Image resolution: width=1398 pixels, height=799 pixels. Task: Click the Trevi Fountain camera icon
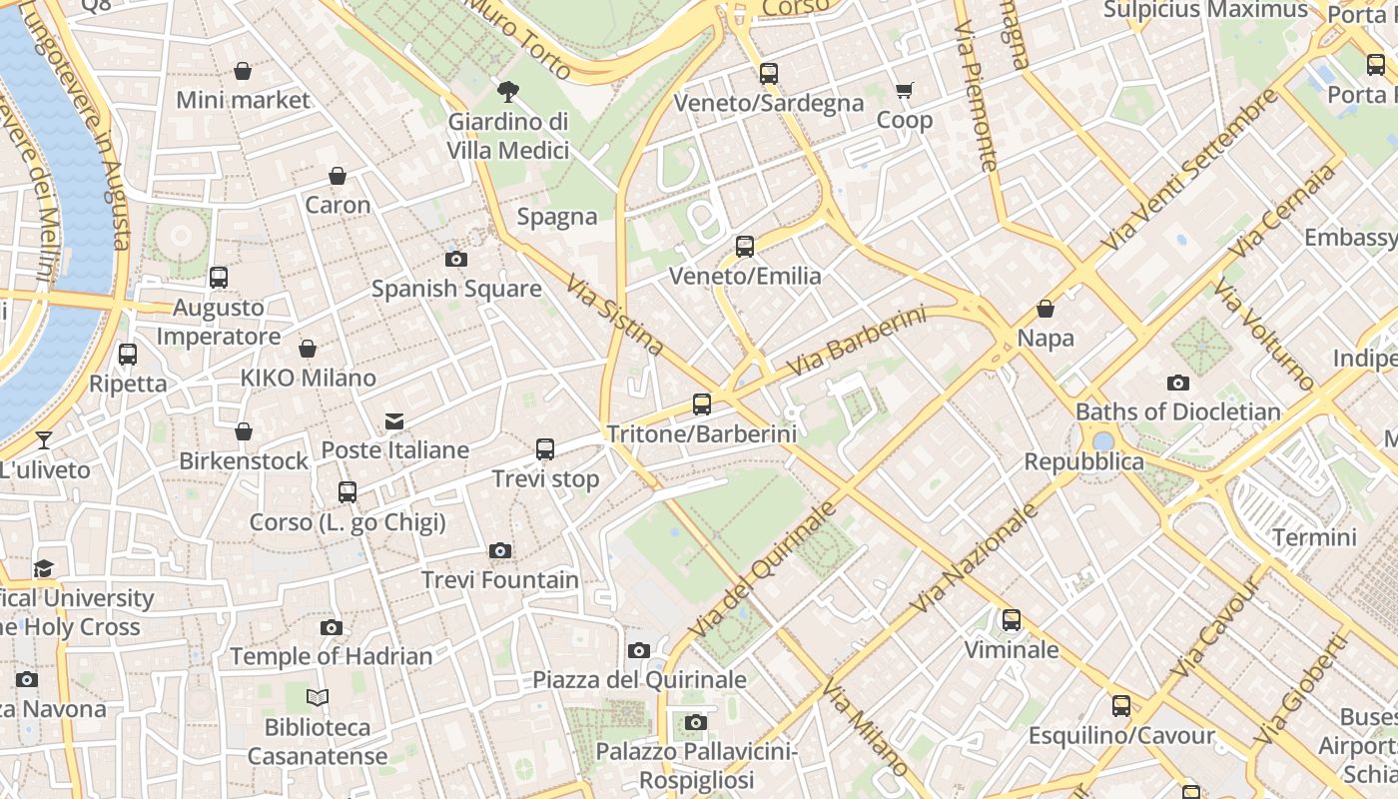point(500,550)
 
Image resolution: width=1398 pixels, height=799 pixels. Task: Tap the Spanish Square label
point(456,289)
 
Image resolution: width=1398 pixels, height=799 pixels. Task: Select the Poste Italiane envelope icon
point(394,420)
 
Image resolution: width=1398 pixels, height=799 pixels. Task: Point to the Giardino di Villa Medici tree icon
point(508,93)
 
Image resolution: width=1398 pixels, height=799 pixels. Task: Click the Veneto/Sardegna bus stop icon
point(768,73)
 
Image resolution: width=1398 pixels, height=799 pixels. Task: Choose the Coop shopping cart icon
point(905,91)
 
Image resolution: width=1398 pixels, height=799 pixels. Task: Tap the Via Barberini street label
point(856,343)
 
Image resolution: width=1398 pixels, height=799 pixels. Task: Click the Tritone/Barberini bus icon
point(702,404)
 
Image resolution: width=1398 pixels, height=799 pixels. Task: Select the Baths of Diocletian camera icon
point(1178,383)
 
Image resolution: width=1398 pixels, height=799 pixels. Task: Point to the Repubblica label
point(1083,461)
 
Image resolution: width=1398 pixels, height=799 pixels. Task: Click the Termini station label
point(1314,537)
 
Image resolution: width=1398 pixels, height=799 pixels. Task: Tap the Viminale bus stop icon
point(1012,620)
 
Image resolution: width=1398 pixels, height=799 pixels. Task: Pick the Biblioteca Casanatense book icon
point(318,697)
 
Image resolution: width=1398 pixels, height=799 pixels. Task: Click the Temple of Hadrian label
point(332,656)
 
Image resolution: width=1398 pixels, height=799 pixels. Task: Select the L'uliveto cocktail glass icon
point(43,440)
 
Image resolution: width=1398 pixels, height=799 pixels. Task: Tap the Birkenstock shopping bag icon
point(244,431)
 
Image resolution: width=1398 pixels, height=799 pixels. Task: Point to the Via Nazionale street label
point(975,557)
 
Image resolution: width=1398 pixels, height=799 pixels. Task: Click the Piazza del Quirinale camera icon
point(639,650)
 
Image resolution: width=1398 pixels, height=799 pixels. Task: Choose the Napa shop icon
point(1046,309)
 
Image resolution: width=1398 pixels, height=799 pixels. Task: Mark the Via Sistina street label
point(615,316)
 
